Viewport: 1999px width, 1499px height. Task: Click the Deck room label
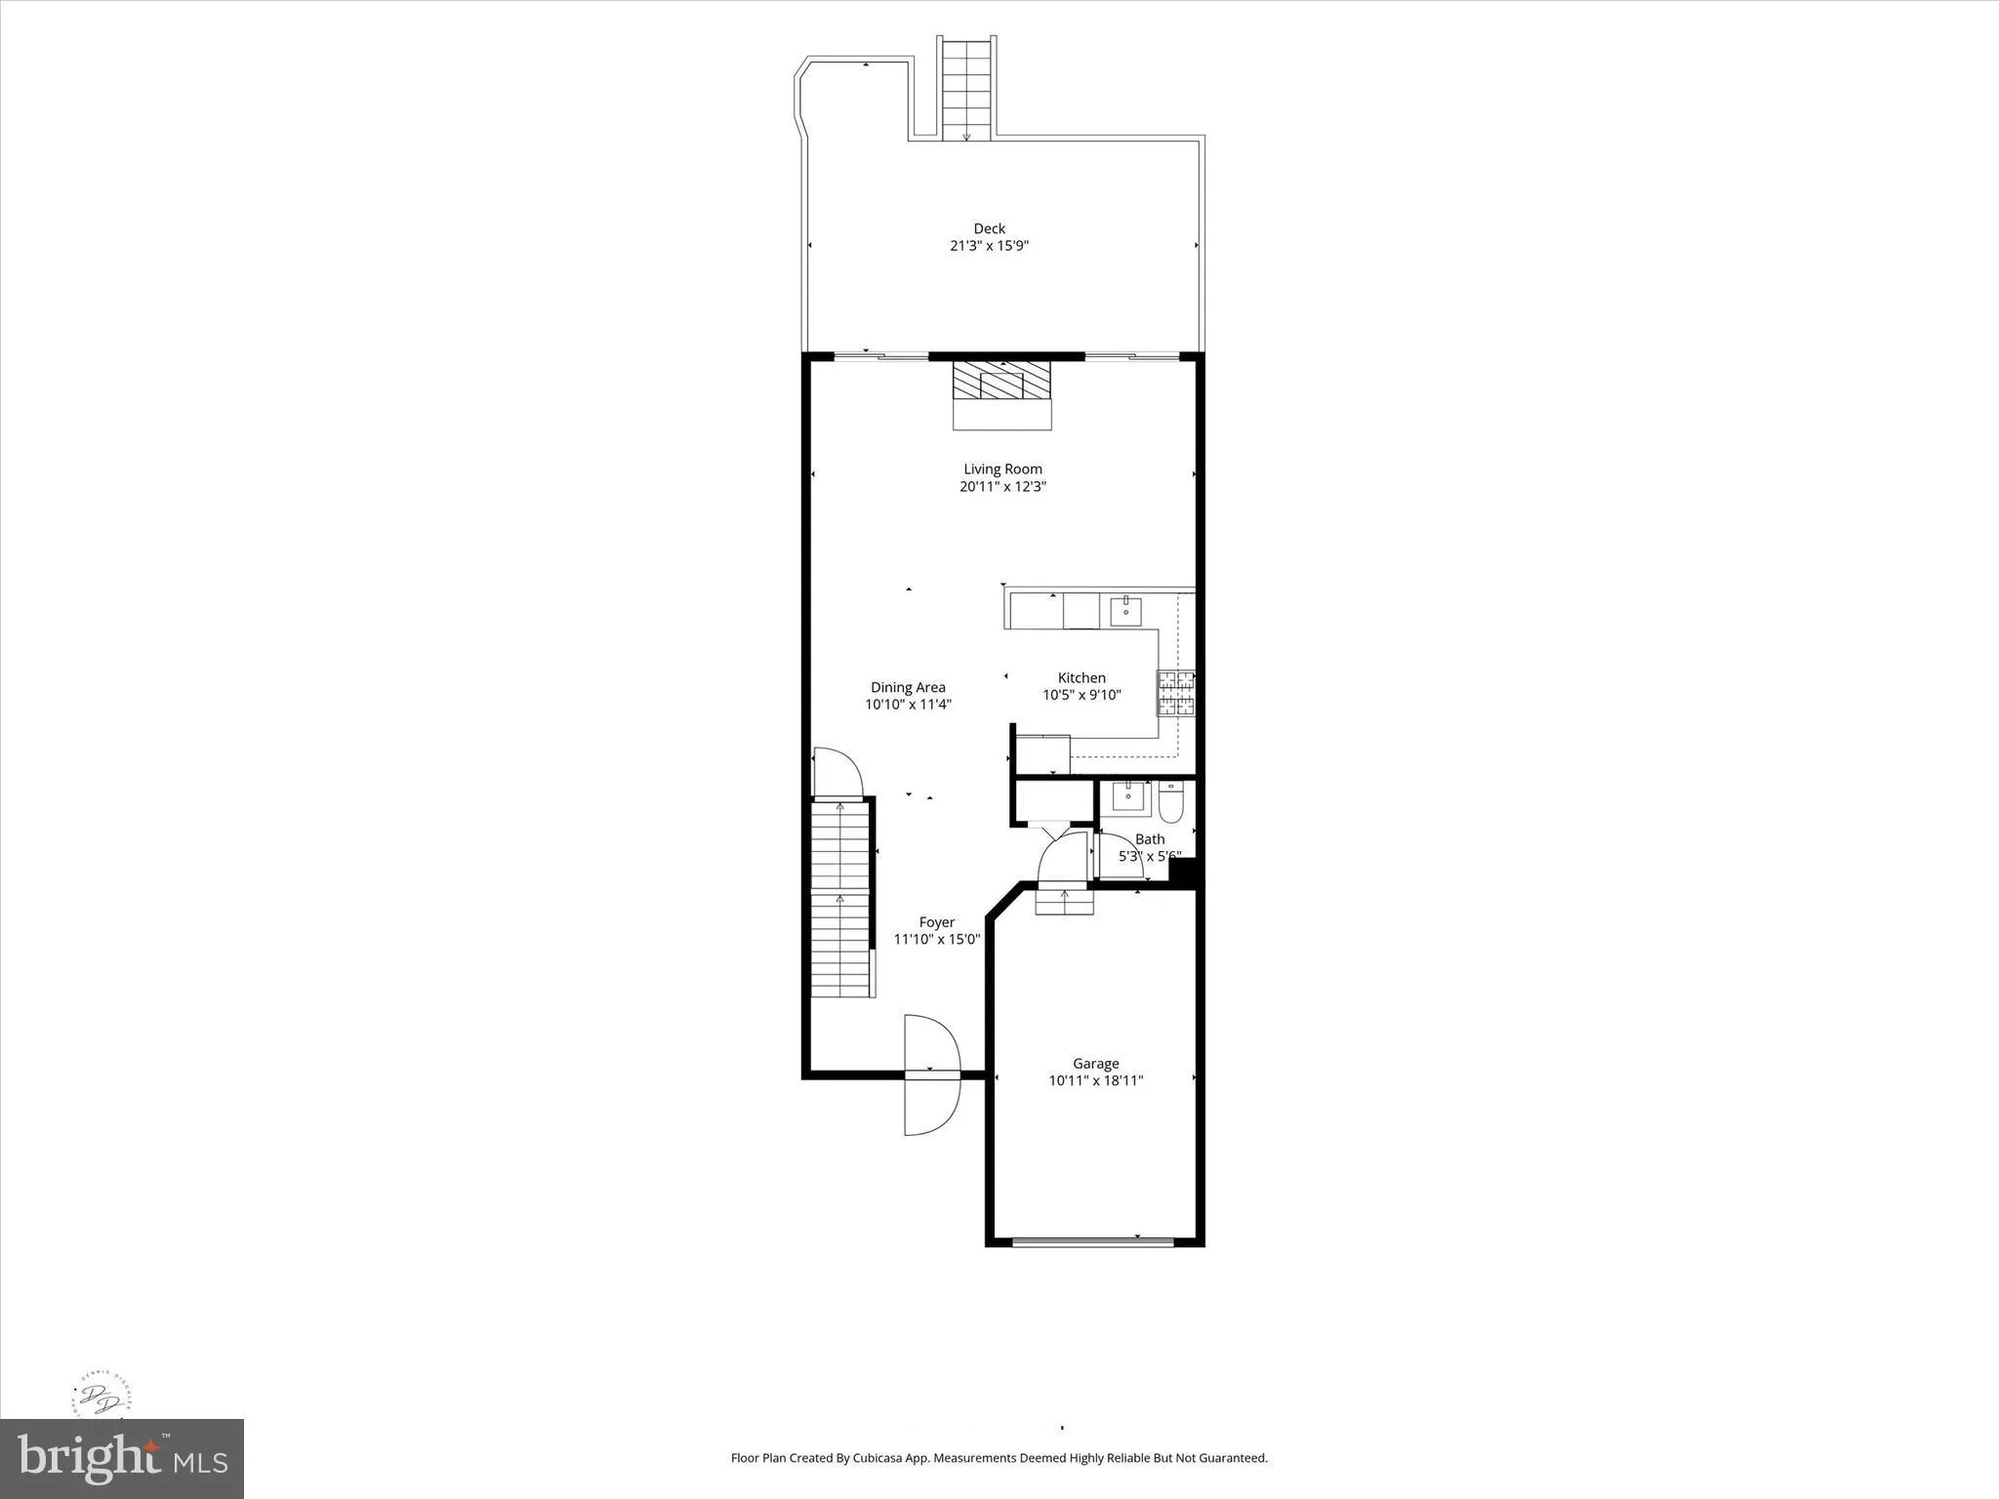click(x=989, y=228)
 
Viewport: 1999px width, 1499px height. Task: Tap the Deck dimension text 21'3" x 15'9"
click(x=989, y=246)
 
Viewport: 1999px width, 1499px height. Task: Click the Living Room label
click(x=1002, y=468)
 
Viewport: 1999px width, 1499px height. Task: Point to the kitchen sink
click(x=1127, y=611)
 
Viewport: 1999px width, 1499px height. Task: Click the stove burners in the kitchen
click(x=1176, y=694)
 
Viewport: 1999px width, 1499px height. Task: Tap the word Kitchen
click(x=1081, y=677)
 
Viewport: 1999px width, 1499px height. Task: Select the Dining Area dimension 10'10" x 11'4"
click(x=908, y=705)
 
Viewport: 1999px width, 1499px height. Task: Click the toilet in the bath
click(x=1171, y=802)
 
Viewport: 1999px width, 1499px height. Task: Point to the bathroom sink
click(x=1129, y=796)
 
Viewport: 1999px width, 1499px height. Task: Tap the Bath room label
click(x=1150, y=839)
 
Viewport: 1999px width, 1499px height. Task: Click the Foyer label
click(x=937, y=922)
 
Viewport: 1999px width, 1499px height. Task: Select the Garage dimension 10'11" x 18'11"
click(x=1095, y=1081)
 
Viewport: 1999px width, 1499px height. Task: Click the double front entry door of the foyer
click(x=932, y=1074)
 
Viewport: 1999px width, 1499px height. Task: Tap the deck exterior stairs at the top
click(x=966, y=88)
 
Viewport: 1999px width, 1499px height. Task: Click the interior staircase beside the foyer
click(x=840, y=898)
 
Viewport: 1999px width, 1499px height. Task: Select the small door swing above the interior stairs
click(x=837, y=773)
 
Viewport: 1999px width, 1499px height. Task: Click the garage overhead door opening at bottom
click(x=1093, y=1242)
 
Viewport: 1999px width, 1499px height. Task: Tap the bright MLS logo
click(x=122, y=1459)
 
